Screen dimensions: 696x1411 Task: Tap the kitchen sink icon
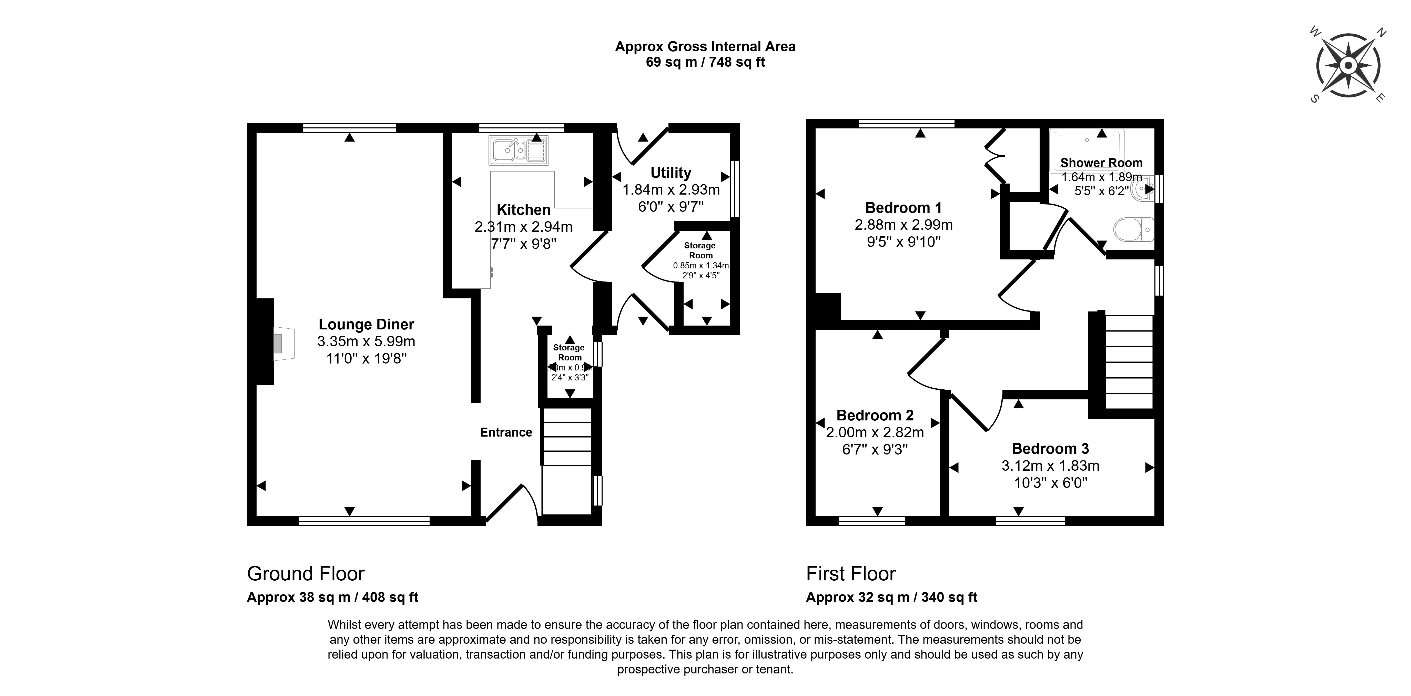(518, 150)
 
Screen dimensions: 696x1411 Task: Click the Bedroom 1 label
(903, 208)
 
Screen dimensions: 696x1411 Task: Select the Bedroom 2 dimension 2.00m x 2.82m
(875, 432)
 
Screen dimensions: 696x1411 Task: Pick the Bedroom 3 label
(1050, 449)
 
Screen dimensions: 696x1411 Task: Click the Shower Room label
(1101, 163)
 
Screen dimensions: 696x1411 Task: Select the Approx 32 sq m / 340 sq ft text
(891, 597)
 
